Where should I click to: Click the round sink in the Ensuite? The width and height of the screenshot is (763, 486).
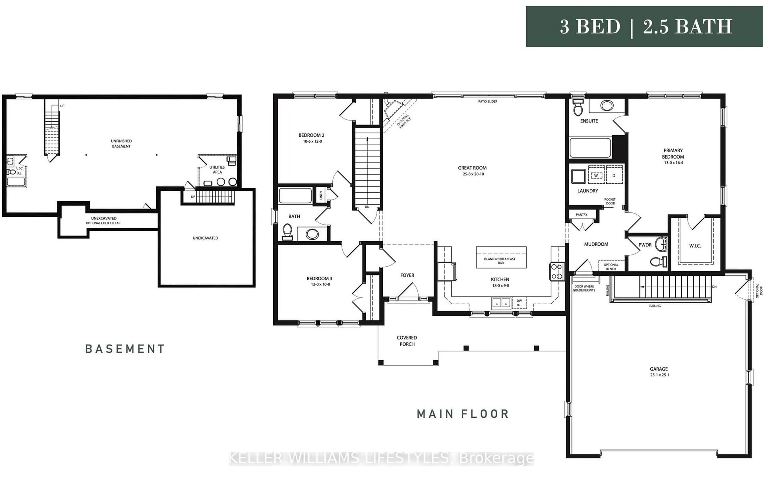(x=607, y=106)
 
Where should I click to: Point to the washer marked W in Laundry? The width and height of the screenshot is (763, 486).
(x=596, y=175)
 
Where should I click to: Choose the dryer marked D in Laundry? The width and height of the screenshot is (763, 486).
(x=614, y=175)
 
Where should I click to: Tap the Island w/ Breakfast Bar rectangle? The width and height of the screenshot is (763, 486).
(x=501, y=257)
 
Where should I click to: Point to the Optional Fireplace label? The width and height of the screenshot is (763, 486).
(x=404, y=122)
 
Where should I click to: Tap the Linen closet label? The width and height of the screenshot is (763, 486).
(x=321, y=195)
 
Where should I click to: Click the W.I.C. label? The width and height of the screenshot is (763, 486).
(x=695, y=246)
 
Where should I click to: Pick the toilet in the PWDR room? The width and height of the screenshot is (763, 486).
(x=657, y=262)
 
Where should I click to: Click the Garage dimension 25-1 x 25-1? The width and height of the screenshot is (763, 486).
(x=659, y=375)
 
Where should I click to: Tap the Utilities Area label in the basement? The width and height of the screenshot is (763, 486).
(x=217, y=169)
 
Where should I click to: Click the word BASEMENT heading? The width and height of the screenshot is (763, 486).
(x=125, y=349)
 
